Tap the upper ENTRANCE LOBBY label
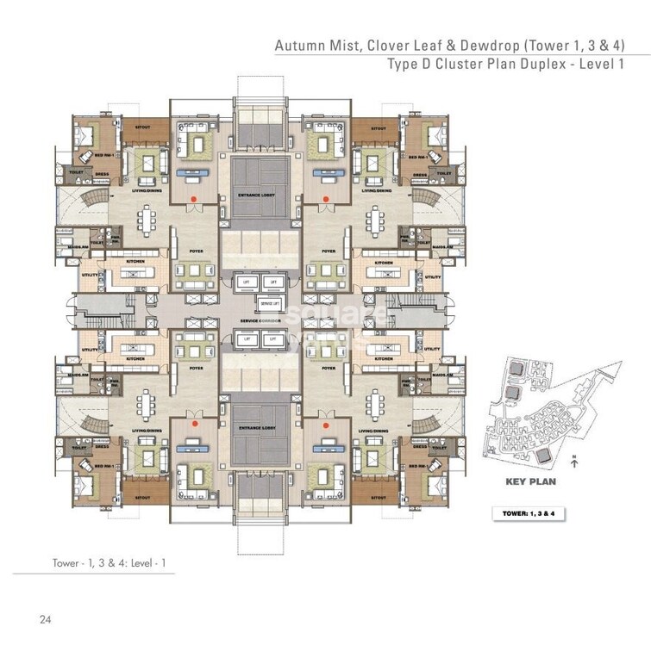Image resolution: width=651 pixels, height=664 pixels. (x=260, y=196)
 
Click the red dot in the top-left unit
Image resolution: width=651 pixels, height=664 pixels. (x=195, y=198)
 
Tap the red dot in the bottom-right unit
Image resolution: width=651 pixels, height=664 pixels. (x=327, y=425)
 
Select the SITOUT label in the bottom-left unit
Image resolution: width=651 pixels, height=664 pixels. (x=143, y=496)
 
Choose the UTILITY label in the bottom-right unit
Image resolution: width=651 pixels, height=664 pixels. (x=432, y=349)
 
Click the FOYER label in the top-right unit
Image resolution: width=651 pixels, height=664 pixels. (x=329, y=251)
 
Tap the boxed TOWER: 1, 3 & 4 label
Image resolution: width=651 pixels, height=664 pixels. (x=534, y=512)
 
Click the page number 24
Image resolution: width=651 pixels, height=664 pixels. (x=44, y=618)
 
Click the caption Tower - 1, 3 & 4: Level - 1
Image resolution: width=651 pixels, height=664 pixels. (x=109, y=563)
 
